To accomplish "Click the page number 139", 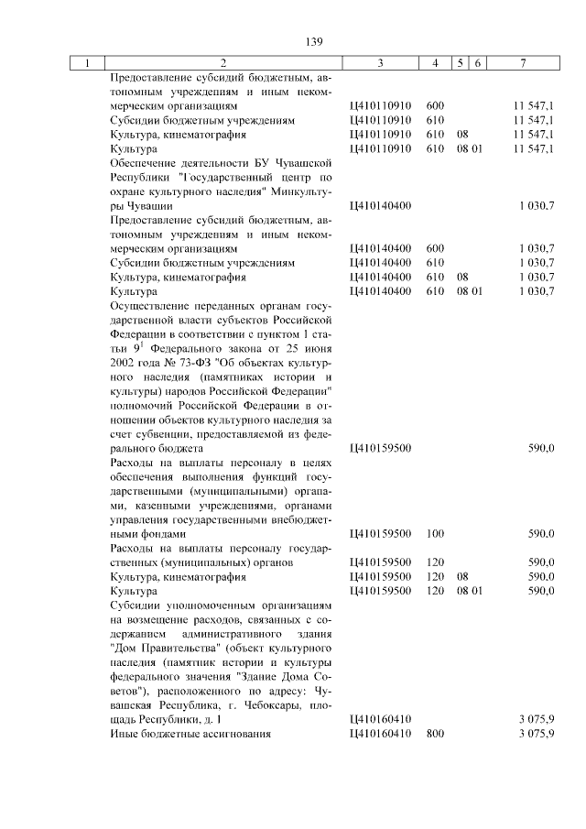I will click(x=293, y=40).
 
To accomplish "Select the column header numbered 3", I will click(x=380, y=63).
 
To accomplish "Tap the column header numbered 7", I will click(x=521, y=63).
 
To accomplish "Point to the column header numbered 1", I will click(x=88, y=63).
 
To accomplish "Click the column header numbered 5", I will click(x=463, y=63).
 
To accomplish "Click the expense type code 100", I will click(x=435, y=533).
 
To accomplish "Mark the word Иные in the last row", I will click(x=123, y=735).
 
